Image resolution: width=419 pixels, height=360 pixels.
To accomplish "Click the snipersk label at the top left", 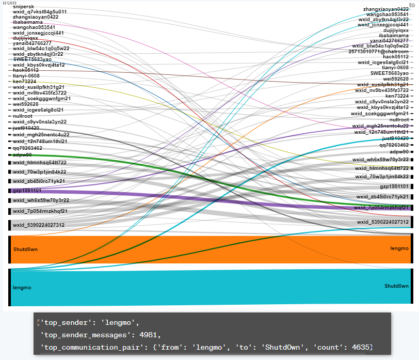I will (x=23, y=6).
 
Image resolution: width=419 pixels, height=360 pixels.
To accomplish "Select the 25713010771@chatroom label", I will (x=378, y=51).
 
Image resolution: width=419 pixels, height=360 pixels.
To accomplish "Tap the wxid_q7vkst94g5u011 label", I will (x=40, y=11).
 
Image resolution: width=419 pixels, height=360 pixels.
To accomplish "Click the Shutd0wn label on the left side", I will (x=25, y=249).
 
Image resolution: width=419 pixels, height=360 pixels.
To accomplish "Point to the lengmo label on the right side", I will (x=399, y=248).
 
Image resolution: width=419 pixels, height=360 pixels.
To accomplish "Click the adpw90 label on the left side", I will (x=22, y=154).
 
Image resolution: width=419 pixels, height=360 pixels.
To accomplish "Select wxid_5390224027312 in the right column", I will (x=383, y=222).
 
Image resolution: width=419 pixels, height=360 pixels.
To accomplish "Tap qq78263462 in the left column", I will (x=27, y=148).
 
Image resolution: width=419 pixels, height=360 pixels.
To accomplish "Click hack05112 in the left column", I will (x=26, y=70).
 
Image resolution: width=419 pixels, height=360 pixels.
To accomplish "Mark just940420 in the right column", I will (x=395, y=138).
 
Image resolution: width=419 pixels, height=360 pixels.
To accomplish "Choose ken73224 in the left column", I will (x=24, y=81).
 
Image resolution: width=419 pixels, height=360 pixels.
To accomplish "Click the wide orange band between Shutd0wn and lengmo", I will (x=206, y=249).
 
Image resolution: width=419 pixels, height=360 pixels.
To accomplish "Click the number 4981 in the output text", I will (x=150, y=335).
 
